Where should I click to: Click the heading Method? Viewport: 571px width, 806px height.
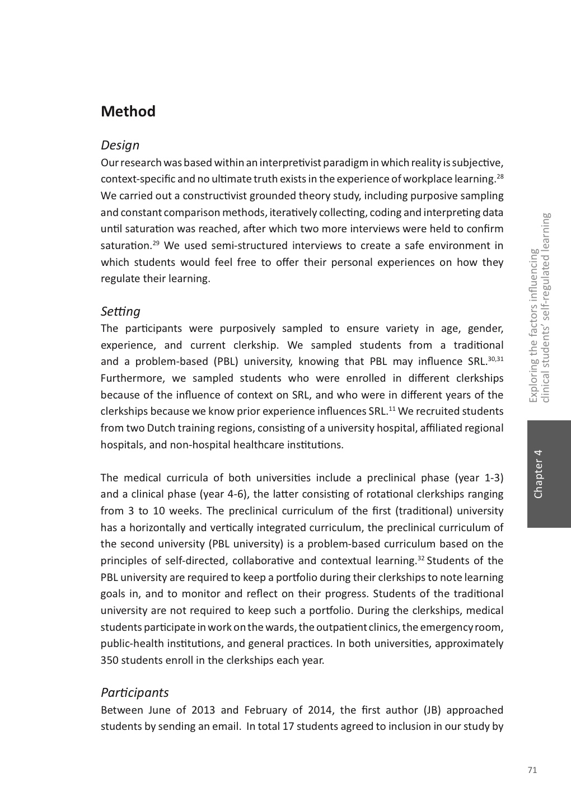128,111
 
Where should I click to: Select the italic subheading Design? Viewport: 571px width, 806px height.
120,145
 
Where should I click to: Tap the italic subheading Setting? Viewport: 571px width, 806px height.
120,311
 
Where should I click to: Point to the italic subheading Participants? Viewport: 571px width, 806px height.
134,692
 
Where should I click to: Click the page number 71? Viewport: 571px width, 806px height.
532,770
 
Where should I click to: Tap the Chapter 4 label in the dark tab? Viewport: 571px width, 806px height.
539,474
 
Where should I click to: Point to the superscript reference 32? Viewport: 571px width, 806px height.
421,558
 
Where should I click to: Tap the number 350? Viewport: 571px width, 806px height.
109,660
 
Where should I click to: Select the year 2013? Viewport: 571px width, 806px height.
203,710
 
